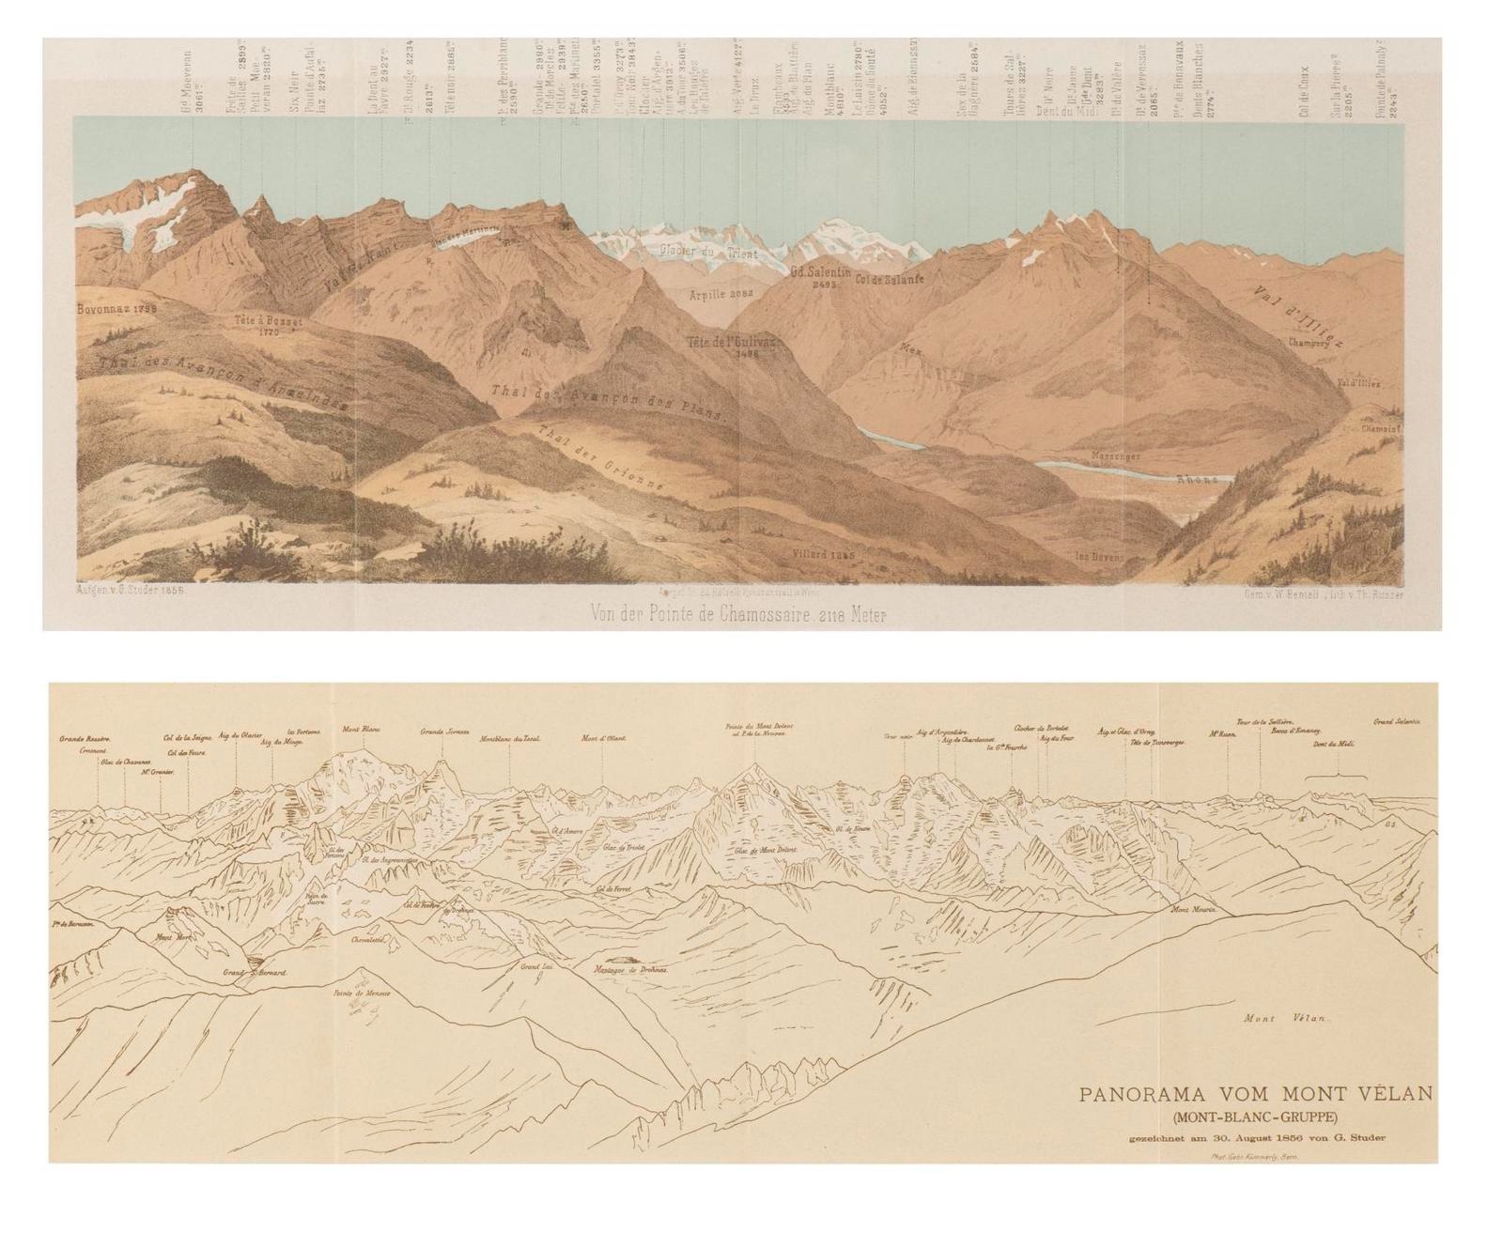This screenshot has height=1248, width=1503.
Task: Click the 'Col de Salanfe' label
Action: pos(891,279)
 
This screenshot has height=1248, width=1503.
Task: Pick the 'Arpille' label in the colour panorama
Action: pos(721,293)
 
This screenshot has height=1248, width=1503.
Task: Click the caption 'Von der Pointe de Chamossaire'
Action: pos(737,615)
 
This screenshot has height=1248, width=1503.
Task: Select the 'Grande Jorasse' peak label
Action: pos(444,731)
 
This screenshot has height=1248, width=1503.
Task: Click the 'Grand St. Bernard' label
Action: pos(254,972)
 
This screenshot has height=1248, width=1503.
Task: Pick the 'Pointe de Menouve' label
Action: pos(361,994)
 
